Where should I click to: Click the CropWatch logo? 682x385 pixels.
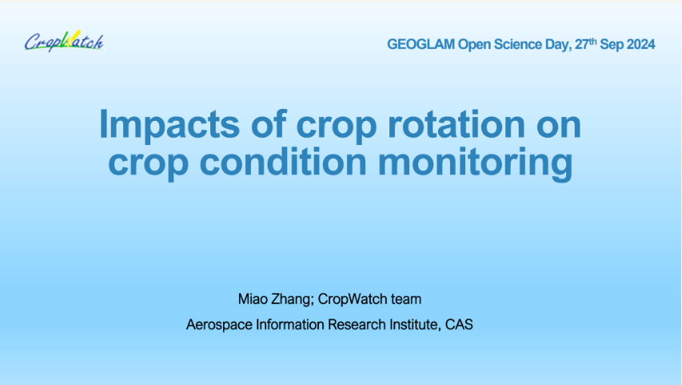click(64, 42)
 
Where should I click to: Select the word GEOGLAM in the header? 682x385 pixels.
click(421, 45)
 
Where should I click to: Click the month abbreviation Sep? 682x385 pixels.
click(611, 45)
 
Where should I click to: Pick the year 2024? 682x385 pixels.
click(640, 45)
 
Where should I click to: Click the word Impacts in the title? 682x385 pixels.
click(170, 126)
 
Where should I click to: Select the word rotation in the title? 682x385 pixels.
click(457, 125)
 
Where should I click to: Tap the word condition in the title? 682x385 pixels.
click(283, 162)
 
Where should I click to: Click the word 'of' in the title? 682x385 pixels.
click(269, 124)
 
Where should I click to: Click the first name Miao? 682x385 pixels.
click(253, 299)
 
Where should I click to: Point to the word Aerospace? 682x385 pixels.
click(219, 325)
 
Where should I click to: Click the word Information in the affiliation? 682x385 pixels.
click(290, 324)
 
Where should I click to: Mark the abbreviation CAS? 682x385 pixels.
click(459, 324)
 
